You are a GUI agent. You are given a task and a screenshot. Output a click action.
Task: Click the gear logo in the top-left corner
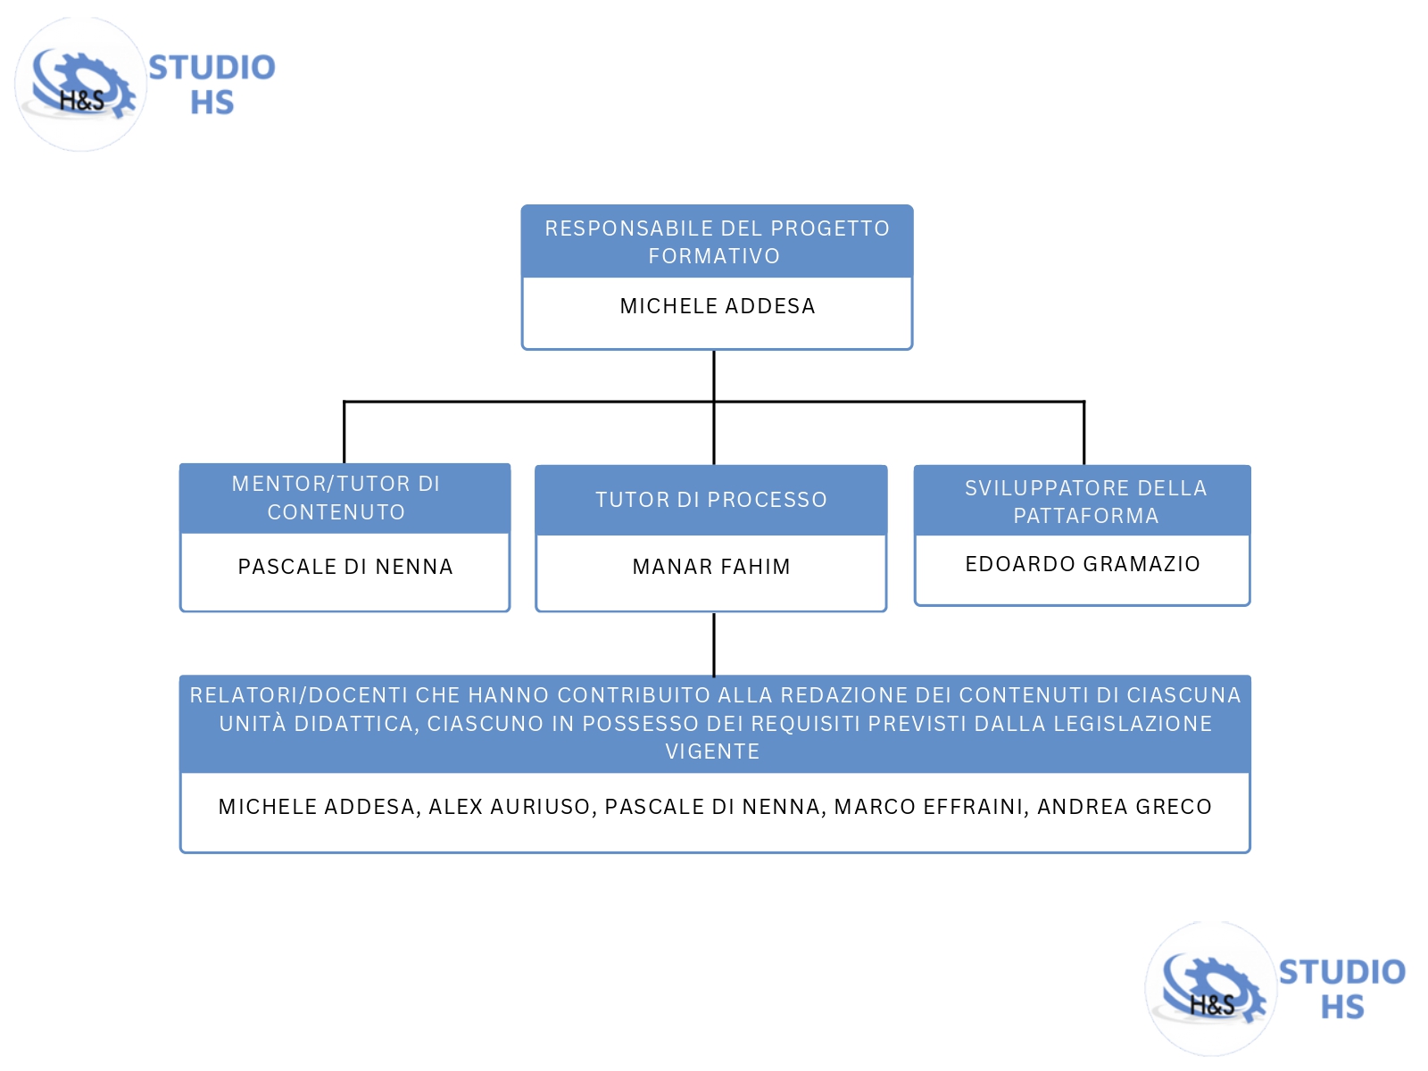coord(80,85)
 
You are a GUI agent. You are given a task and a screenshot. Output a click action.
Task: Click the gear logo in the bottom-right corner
coord(1211,988)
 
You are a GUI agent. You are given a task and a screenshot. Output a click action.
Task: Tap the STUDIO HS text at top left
coord(212,85)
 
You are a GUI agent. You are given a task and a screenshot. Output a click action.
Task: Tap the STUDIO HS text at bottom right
coord(1341,989)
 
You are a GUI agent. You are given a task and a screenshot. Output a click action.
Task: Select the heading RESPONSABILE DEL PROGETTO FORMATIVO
coord(717,242)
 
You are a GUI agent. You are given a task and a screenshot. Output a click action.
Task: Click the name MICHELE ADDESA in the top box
coord(718,306)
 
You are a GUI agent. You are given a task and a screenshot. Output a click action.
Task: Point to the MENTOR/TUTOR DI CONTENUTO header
coord(336,498)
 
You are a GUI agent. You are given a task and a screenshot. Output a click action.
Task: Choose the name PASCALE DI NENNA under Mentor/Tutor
coord(345,567)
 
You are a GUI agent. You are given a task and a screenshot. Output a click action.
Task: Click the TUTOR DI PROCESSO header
coord(711,500)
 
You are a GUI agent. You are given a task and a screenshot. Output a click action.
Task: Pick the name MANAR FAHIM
coord(711,567)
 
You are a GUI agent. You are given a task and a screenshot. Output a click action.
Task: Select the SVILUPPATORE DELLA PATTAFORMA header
coord(1085,502)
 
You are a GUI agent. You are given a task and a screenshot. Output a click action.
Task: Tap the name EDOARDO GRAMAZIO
coord(1083,564)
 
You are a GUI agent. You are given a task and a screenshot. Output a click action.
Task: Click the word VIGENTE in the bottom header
coord(712,751)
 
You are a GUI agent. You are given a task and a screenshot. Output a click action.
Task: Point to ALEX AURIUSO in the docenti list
coord(509,807)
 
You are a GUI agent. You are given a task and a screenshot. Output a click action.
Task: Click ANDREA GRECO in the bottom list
coord(1124,807)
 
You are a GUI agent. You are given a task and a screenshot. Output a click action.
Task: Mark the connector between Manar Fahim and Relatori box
coord(714,644)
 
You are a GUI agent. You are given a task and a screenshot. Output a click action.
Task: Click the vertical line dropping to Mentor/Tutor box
coord(345,433)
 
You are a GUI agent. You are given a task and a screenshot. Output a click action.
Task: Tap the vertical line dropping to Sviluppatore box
coord(1083,433)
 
